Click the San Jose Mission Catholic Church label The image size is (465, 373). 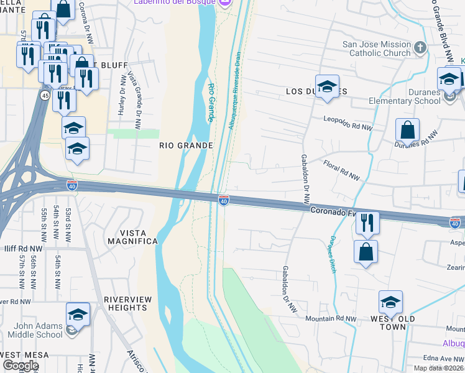pos(377,49)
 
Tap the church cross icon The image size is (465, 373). pos(420,47)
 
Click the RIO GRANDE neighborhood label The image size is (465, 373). pos(186,145)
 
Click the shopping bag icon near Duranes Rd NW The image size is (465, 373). pos(407,131)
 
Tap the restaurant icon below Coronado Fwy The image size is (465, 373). pos(367,223)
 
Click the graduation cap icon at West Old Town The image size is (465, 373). pos(390,302)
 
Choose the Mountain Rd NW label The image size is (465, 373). pos(331,319)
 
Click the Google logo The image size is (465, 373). pos(21,366)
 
